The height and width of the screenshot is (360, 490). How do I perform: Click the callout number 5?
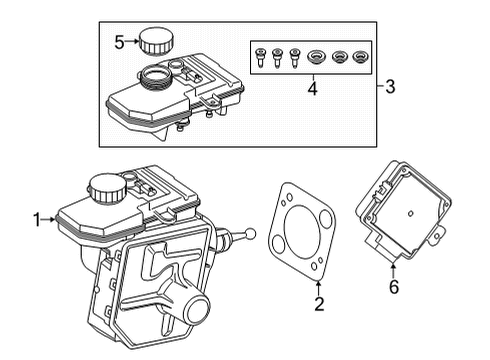click(119, 41)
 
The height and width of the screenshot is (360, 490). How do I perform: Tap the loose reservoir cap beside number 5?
click(154, 41)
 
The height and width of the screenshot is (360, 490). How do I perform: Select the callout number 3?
click(391, 86)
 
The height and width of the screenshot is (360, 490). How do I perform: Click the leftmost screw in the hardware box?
click(260, 56)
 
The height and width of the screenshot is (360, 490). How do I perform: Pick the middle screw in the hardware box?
click(278, 56)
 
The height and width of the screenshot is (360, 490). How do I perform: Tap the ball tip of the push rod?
click(250, 237)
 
